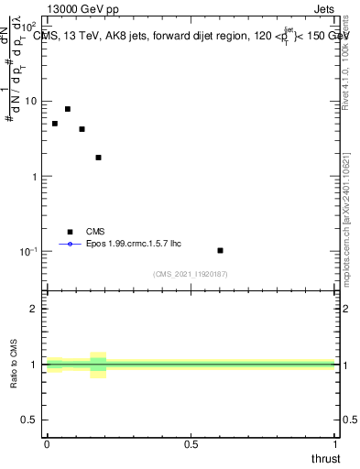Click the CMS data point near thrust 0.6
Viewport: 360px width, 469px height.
pos(220,250)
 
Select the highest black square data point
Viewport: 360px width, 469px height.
pos(68,109)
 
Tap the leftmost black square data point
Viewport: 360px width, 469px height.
pos(55,124)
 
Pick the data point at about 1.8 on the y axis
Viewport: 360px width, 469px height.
pos(98,158)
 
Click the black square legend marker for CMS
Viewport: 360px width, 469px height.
pos(69,232)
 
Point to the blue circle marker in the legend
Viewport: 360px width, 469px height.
pos(69,245)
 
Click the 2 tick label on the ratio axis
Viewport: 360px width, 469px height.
pos(36,309)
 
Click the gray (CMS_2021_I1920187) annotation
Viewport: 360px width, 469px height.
pos(191,274)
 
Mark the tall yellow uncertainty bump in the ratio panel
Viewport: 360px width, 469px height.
pos(98,365)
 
